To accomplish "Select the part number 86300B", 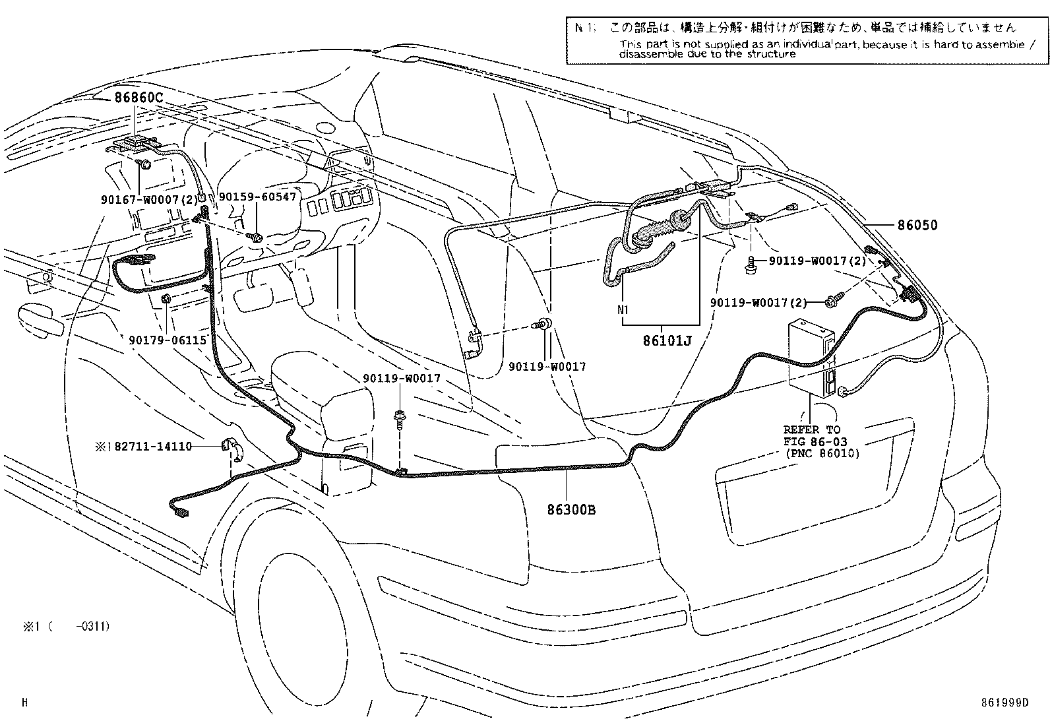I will [571, 509].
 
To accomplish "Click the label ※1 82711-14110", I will [144, 447].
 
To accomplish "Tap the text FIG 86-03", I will [815, 441].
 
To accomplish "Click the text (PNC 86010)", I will [822, 453].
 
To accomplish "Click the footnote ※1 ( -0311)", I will [67, 626].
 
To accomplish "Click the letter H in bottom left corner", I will [24, 703].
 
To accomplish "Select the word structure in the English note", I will [771, 54].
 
